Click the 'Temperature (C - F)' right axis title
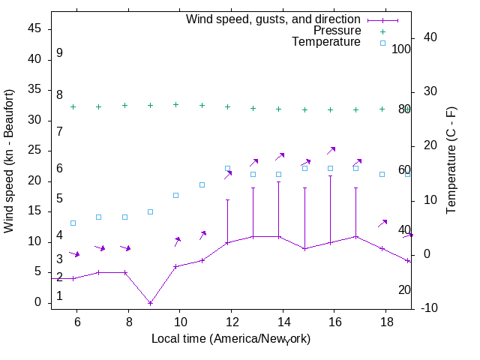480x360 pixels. click(452, 160)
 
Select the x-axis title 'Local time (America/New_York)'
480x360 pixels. click(231, 339)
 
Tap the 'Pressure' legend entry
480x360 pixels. click(337, 31)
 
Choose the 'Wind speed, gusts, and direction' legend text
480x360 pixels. click(273, 19)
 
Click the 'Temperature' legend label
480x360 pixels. click(326, 42)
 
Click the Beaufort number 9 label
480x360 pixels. click(59, 53)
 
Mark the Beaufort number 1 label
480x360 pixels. click(59, 296)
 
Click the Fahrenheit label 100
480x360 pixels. click(401, 49)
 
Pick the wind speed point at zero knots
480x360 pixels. click(151, 303)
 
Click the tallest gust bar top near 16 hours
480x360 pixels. click(330, 175)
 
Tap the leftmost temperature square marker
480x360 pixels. click(73, 223)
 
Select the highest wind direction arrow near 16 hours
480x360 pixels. click(331, 151)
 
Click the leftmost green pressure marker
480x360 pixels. click(73, 106)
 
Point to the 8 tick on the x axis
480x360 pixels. click(129, 320)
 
